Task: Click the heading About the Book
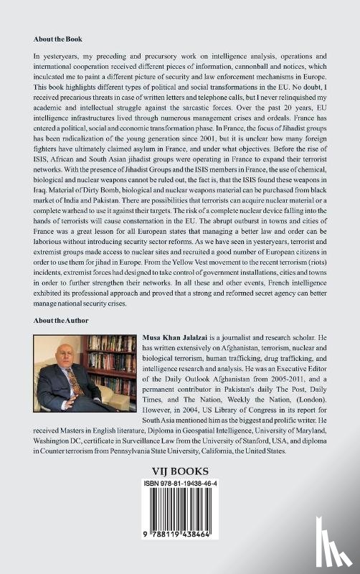57,38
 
